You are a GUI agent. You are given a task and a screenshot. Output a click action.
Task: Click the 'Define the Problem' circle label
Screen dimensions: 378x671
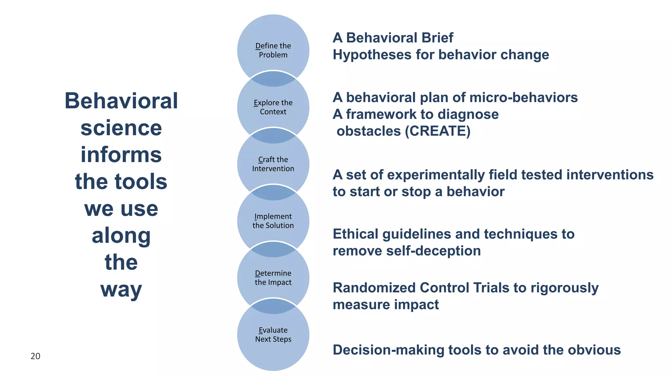click(273, 50)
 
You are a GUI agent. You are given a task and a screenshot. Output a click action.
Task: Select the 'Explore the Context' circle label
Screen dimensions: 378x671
click(273, 107)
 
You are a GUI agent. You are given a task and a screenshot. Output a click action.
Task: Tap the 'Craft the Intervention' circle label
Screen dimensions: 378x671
click(273, 164)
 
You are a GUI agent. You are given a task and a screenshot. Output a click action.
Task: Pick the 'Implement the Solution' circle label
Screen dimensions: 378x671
click(273, 220)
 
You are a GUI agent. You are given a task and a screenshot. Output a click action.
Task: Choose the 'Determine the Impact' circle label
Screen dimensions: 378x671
click(273, 278)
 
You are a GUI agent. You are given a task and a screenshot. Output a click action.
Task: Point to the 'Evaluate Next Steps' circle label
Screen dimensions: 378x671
click(273, 334)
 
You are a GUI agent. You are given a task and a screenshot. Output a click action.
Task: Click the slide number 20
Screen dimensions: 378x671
click(35, 356)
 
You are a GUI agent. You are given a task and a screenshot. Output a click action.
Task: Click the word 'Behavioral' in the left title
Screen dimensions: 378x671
click(121, 101)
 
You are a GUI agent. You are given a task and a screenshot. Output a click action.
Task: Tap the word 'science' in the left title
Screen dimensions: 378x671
click(121, 128)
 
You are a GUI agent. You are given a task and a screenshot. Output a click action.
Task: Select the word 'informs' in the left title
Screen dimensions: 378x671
click(121, 155)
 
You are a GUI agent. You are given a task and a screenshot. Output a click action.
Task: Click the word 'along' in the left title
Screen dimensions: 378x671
click(121, 236)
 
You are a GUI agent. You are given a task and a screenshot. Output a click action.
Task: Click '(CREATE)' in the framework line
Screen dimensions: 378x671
click(438, 131)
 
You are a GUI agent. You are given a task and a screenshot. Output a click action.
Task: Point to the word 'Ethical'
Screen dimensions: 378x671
click(355, 234)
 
